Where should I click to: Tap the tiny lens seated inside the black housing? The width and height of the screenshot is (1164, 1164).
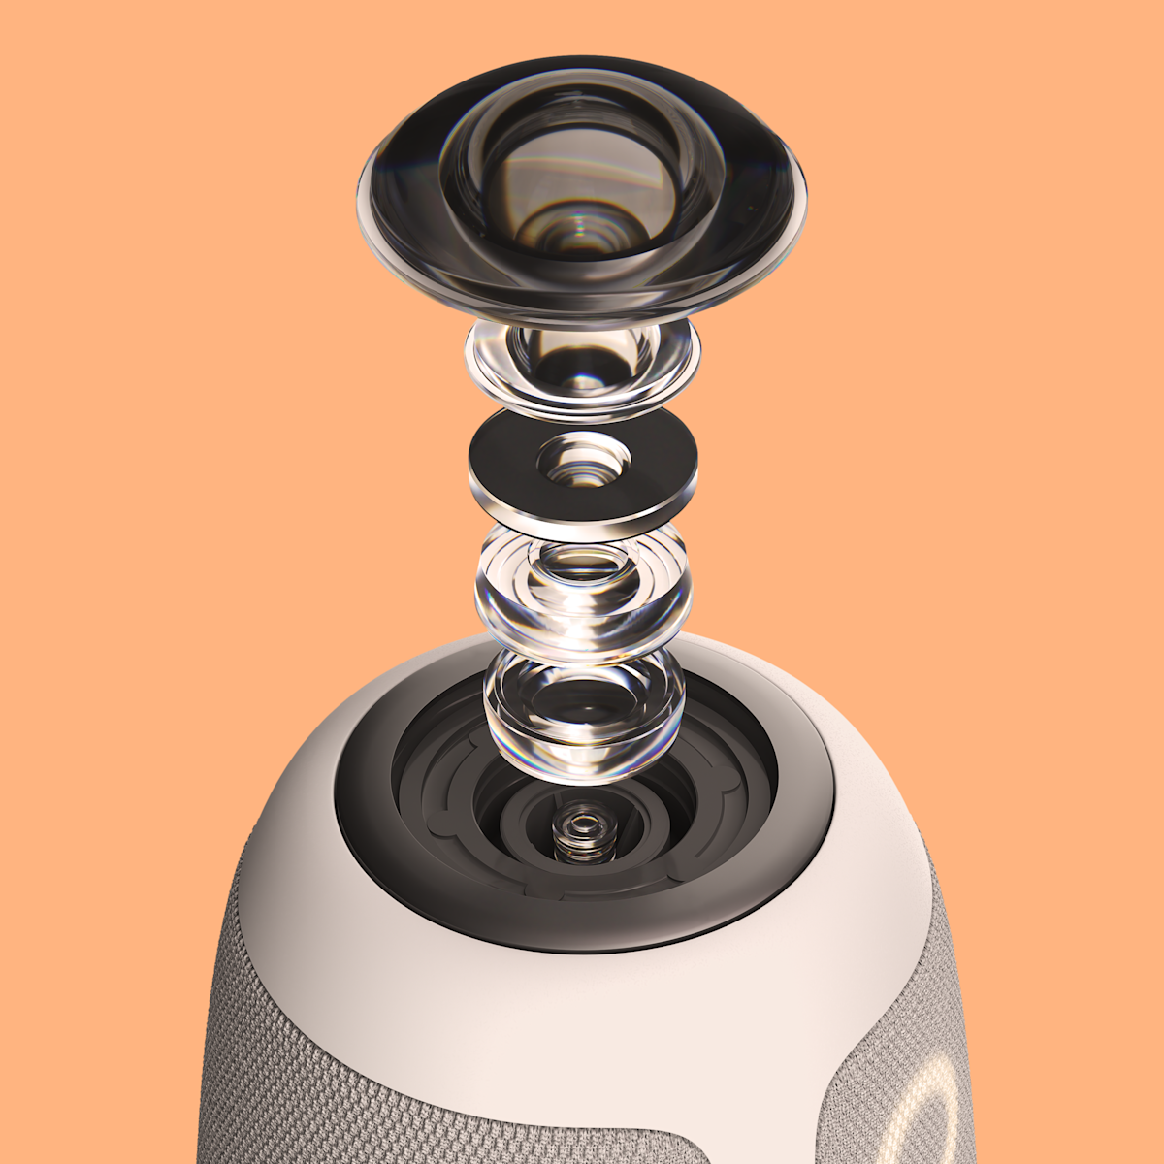(x=582, y=829)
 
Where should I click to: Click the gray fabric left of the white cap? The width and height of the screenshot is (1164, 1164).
(x=242, y=1018)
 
